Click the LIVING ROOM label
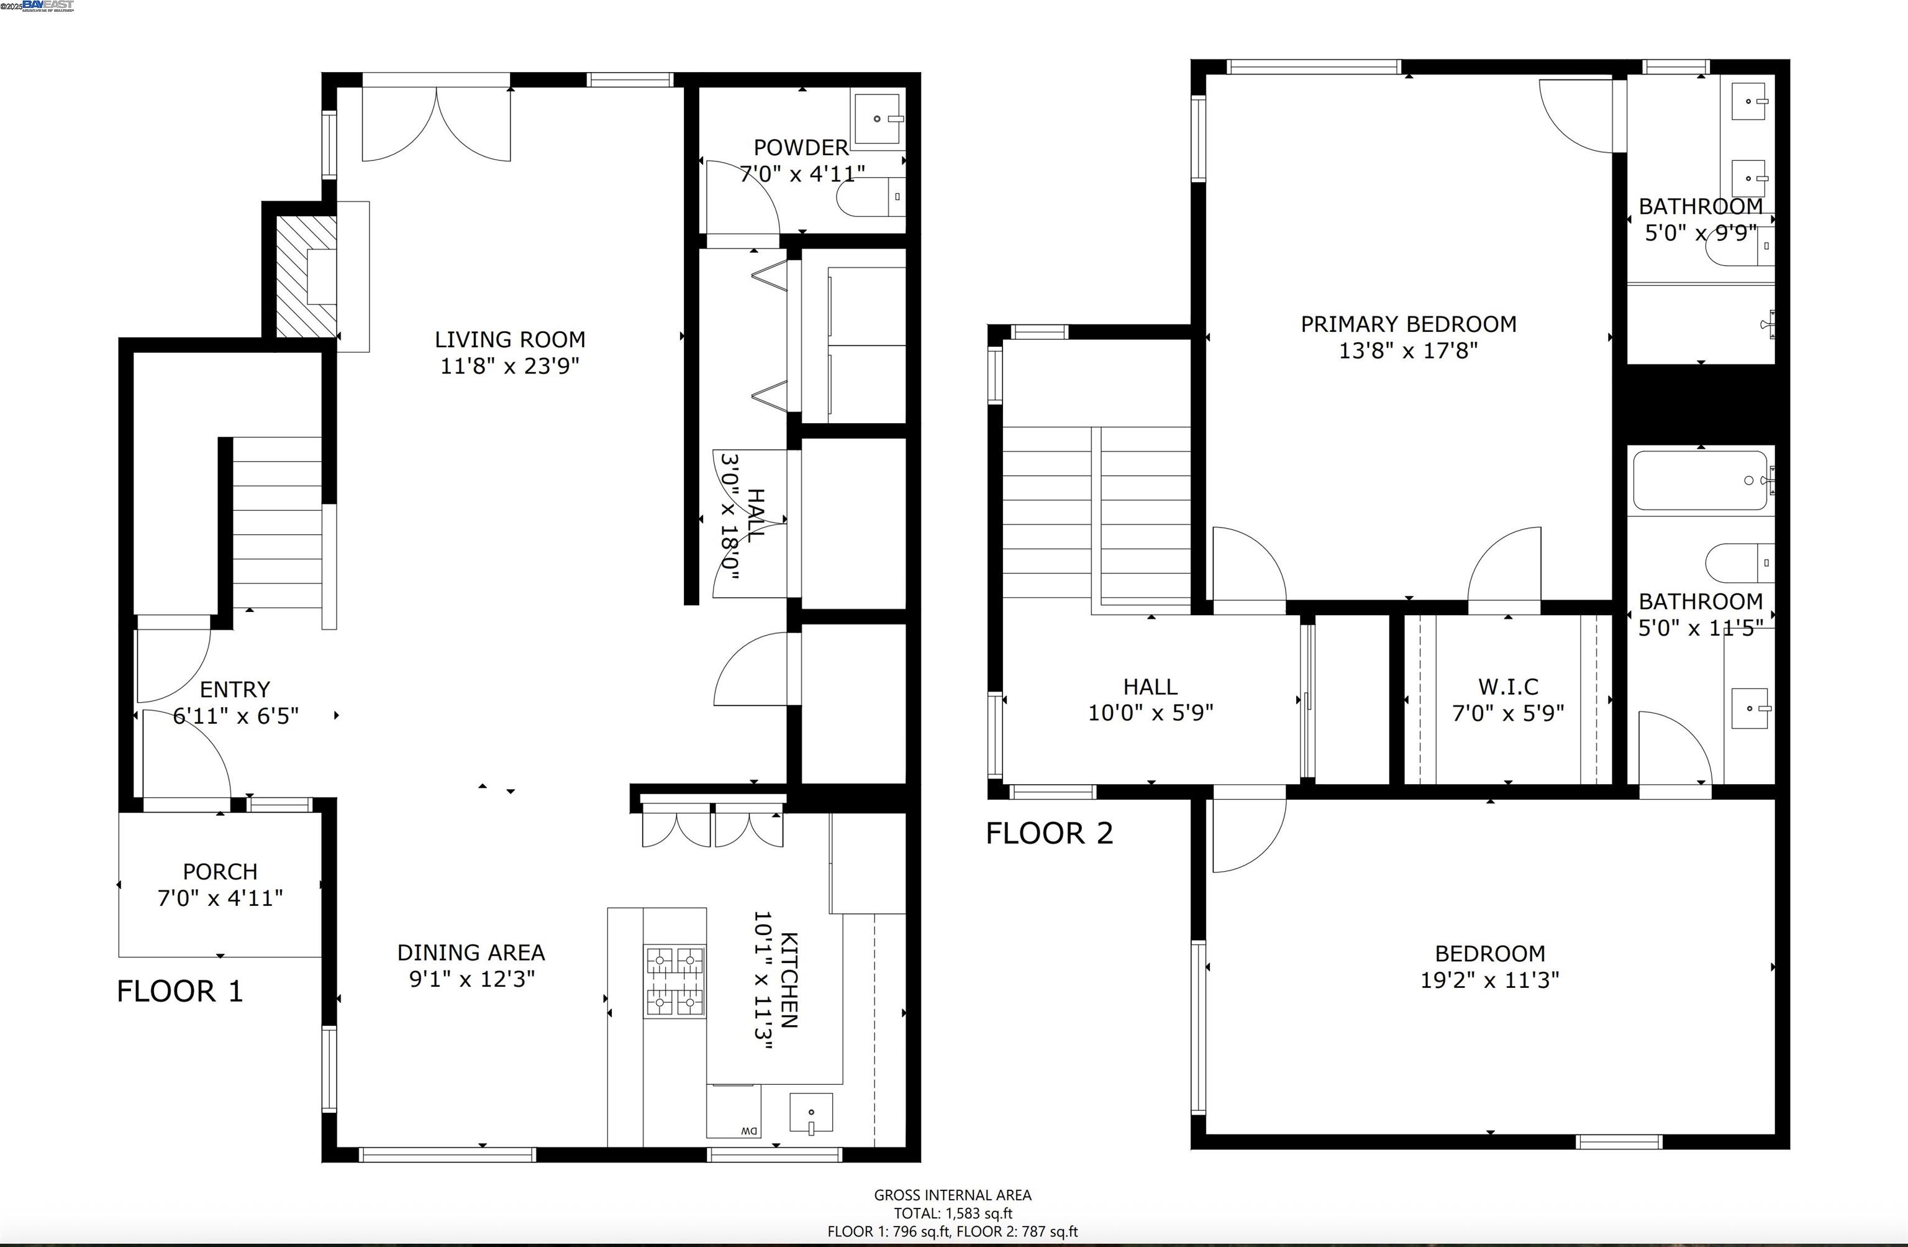tap(510, 339)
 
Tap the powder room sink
tap(877, 119)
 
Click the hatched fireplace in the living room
tap(306, 276)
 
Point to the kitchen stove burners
tap(675, 982)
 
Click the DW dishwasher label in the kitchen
tap(748, 1131)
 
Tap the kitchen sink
tap(811, 1113)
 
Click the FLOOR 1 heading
tap(179, 991)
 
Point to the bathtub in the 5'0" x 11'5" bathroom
tap(1699, 480)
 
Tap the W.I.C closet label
tap(1508, 687)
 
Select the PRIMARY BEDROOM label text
tap(1408, 324)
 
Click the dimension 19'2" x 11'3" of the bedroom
tap(1489, 980)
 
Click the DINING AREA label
tap(471, 952)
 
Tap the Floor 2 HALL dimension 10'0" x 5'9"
tap(1150, 713)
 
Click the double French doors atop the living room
tap(436, 121)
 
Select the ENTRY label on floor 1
tap(234, 690)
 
